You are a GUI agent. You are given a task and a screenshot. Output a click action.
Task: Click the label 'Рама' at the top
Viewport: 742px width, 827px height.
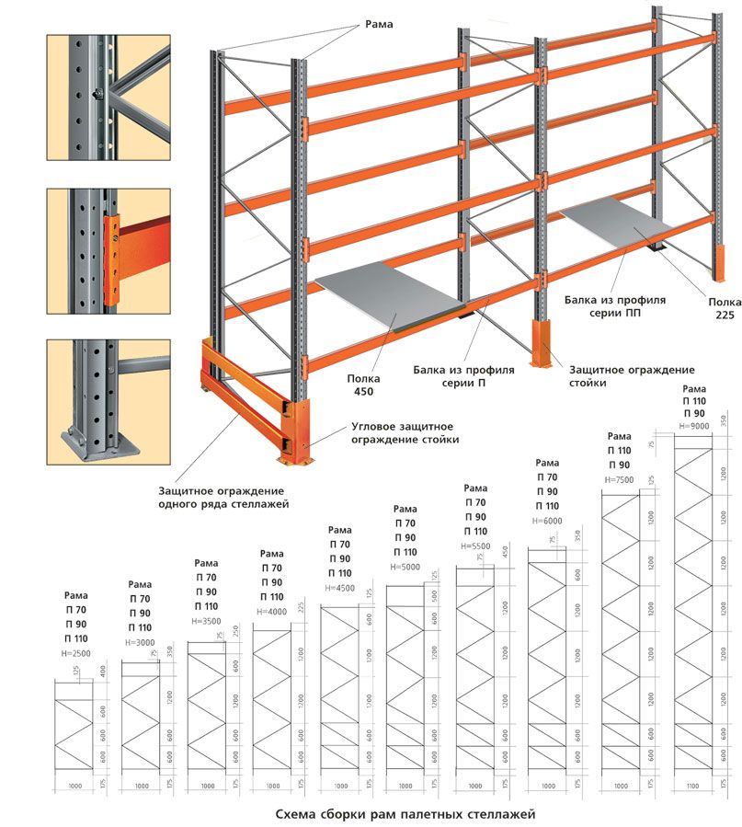378,25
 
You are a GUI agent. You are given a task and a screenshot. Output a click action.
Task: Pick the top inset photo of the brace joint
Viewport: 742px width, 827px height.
108,94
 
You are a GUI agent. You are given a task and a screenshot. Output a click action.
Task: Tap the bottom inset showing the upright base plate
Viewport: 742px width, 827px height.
108,400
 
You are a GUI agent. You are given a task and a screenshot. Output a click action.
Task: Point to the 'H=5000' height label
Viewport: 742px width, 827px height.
405,567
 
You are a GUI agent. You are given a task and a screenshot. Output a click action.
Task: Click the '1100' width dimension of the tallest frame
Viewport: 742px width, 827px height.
693,787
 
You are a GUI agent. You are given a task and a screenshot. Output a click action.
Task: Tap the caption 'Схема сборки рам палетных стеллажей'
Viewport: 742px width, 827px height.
405,814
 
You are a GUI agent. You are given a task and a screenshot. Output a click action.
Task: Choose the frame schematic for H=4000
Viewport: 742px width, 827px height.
272,699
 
